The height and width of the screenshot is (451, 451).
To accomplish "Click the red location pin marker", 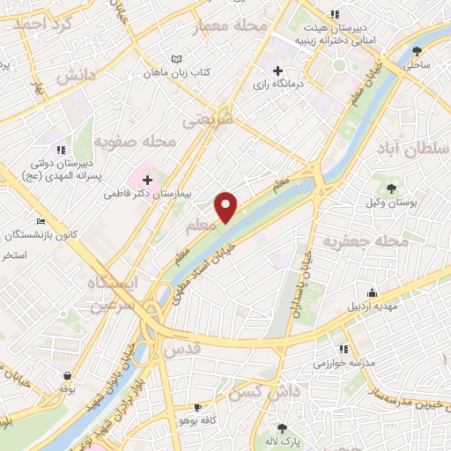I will [x=226, y=208].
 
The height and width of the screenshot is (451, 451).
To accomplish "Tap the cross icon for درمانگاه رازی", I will [x=278, y=70].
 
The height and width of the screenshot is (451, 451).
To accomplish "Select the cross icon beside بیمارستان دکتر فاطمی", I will [x=159, y=180].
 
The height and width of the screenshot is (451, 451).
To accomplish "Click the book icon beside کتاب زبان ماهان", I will [x=176, y=57].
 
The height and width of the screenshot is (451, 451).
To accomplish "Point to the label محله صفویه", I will [x=137, y=140].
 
